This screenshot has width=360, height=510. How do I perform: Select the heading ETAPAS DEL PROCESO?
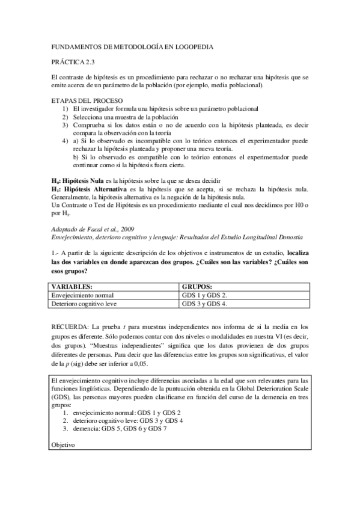point(87,99)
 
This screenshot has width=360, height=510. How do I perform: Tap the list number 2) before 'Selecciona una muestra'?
point(65,116)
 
